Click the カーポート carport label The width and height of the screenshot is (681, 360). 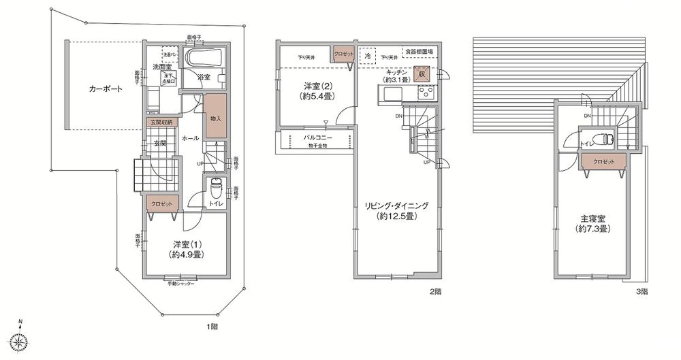click(104, 89)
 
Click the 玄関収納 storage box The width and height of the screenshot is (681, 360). click(161, 122)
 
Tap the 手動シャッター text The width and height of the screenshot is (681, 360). click(181, 283)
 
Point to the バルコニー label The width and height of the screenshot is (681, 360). click(317, 137)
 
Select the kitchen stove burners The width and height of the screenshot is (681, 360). click(426, 93)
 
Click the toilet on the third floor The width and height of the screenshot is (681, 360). click(599, 140)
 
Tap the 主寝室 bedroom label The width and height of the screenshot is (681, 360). click(594, 224)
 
